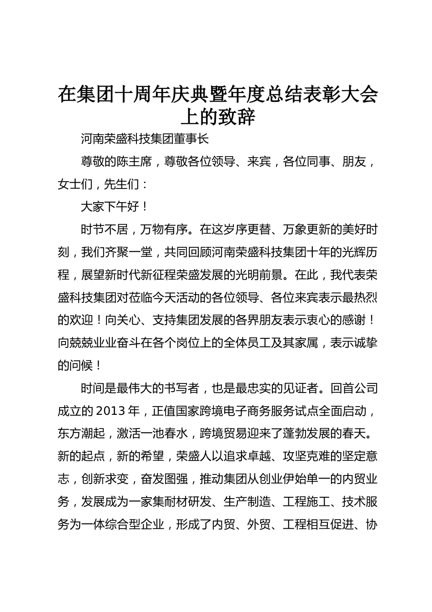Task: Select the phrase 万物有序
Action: (164, 229)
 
